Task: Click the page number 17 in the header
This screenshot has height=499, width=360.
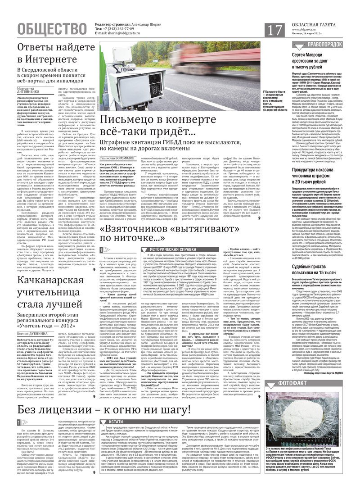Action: tap(275, 30)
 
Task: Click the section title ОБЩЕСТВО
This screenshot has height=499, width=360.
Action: tap(52, 29)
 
